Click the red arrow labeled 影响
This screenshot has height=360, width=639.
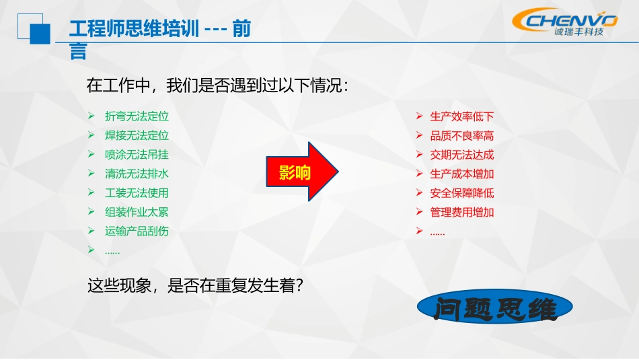point(301,172)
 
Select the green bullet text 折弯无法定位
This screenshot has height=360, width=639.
point(137,116)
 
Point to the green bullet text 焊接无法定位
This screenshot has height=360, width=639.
point(137,135)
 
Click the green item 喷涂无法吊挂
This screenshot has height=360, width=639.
point(137,154)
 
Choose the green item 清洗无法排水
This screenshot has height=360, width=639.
point(137,173)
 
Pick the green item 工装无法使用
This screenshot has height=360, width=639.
point(137,192)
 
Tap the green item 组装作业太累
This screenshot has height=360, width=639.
point(137,211)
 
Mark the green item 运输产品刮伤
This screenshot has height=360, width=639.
point(137,231)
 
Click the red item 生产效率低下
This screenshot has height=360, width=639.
point(462,116)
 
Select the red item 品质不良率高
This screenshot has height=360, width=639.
point(462,135)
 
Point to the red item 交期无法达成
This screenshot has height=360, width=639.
point(462,154)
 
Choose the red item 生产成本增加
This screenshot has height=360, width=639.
point(462,174)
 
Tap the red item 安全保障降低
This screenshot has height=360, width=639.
point(462,192)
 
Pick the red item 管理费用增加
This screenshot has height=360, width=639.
point(462,212)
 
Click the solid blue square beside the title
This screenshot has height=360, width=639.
point(40,32)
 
